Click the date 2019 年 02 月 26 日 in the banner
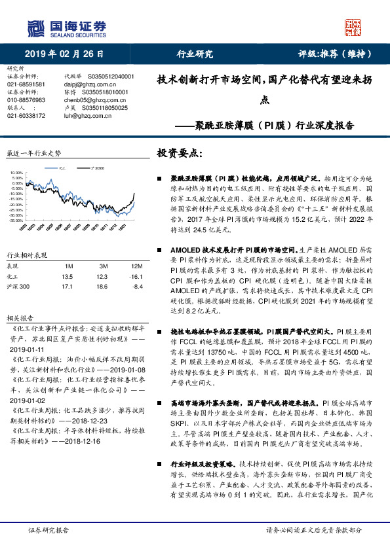coord(60,54)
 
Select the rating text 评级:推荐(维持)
coord(332,54)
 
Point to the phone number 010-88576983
coord(26,100)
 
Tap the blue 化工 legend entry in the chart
coord(62,168)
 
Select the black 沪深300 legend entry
coord(96,168)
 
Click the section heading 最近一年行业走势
coord(34,152)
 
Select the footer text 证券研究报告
coord(48,529)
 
